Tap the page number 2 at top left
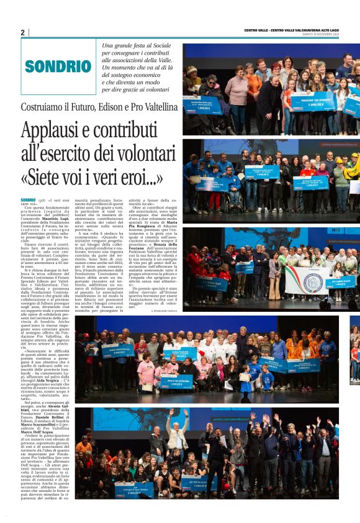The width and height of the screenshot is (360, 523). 22,32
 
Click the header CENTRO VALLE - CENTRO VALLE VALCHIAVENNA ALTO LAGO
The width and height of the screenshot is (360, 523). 300,30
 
